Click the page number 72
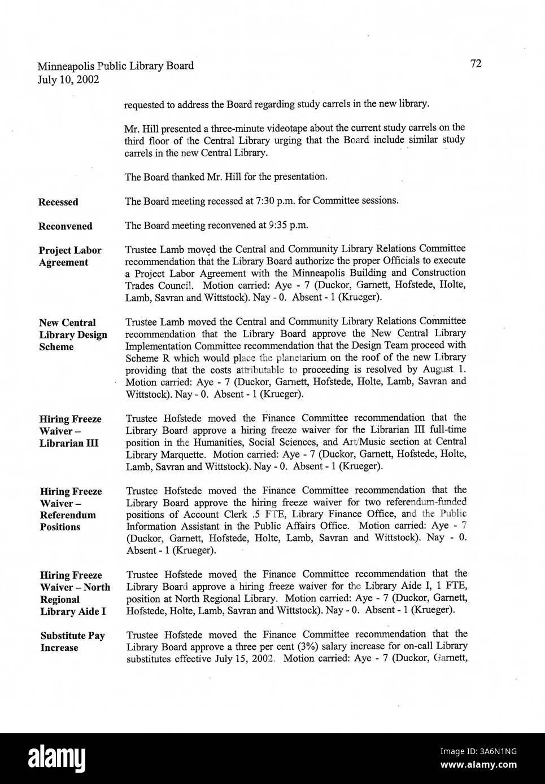[x=476, y=64]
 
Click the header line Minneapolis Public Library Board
[x=116, y=66]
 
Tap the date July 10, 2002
[x=69, y=80]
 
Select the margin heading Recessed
[x=58, y=202]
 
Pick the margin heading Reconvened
[x=65, y=226]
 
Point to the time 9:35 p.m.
[x=286, y=225]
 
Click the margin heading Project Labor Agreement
[x=69, y=256]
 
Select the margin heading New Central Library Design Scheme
[x=72, y=334]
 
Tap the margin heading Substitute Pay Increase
[x=72, y=641]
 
